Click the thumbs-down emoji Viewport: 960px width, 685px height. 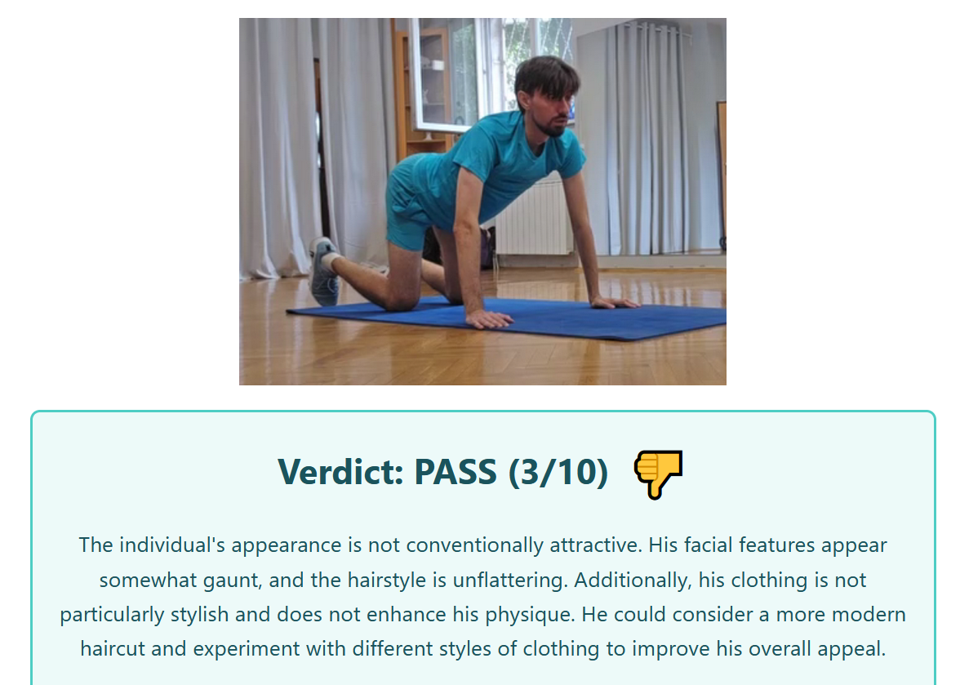[658, 474]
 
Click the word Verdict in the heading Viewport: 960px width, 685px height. [340, 472]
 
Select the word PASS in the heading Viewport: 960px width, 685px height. [456, 472]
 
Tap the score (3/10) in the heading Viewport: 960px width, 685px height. [558, 473]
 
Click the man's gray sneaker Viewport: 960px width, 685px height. [323, 271]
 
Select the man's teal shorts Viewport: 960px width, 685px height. [409, 202]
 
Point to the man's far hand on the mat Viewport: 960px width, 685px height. [615, 302]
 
